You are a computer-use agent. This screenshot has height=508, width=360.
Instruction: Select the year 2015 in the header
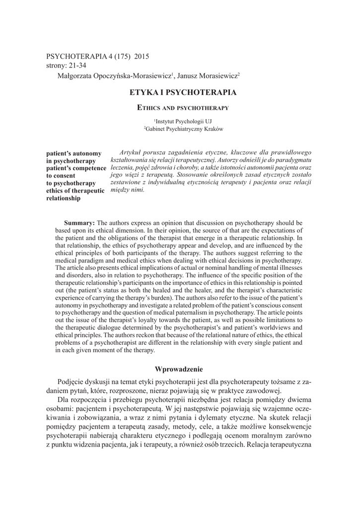pos(141,56)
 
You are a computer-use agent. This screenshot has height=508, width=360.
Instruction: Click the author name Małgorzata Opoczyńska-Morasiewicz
pos(114,75)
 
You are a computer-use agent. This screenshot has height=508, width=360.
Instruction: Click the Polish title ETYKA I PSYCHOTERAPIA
pos(183,92)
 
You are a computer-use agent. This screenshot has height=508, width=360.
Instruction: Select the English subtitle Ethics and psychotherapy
pos(183,107)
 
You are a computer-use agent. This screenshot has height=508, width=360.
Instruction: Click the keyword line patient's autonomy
pos(73,153)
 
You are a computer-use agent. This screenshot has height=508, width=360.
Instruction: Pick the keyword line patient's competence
pos(76,168)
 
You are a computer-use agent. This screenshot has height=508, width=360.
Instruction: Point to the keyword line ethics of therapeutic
pos(75,190)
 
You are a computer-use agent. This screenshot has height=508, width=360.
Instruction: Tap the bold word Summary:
pos(79,223)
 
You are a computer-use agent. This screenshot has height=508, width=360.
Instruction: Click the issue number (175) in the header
pos(119,56)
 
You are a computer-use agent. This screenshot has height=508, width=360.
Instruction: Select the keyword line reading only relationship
pos(63,198)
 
